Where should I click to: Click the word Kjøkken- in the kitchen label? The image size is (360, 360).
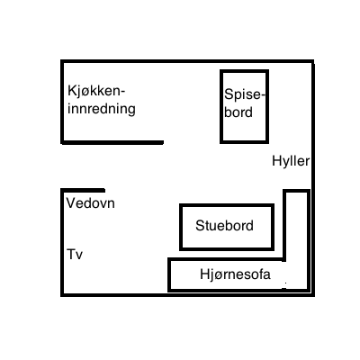coord(96,91)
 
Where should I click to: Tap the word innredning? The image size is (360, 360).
coord(102,109)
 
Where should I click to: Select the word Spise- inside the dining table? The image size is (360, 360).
coord(245,94)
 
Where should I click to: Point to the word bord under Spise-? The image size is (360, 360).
coord(238,112)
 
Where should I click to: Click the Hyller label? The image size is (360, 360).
coord(291,161)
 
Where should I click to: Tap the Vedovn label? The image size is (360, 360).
coord(91,203)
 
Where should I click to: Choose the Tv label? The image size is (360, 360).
coord(75,255)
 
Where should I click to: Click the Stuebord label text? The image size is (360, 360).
coord(224,225)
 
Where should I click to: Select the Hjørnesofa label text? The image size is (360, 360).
coord(235,274)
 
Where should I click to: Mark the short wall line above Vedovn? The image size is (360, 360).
coord(83,191)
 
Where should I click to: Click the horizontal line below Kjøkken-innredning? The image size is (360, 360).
coord(112,142)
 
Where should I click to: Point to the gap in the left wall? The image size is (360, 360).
coord(62,166)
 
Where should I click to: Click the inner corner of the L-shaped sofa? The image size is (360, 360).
coord(284,259)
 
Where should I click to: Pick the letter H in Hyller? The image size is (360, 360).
coord(276,161)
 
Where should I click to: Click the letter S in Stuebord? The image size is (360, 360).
coord(200,225)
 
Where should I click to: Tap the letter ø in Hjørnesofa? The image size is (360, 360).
coord(216,275)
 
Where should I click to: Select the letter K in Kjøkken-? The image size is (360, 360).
coord(72,90)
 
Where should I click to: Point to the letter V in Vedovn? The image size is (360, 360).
coord(71,203)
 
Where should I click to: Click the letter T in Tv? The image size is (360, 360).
coord(71,254)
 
